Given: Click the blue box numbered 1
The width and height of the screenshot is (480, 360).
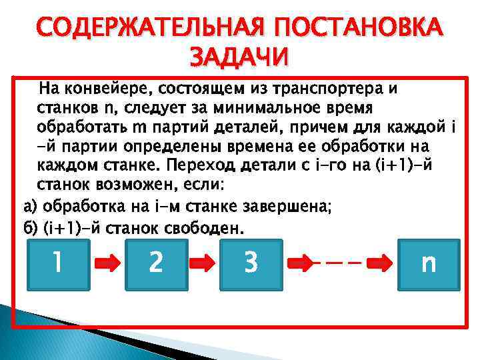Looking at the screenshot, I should [58, 263].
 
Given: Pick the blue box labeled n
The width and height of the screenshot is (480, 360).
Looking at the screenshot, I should [429, 263].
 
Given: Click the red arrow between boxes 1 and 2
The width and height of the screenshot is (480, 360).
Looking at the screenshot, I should [107, 264].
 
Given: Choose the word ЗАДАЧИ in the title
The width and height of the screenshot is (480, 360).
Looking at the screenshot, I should [239, 57].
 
